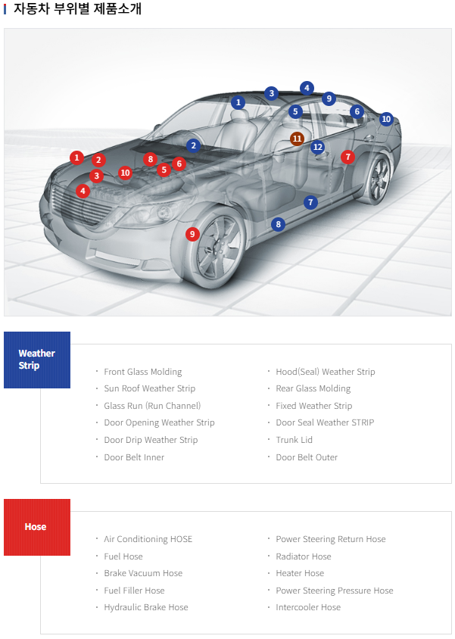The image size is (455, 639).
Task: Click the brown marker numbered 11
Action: pos(297,139)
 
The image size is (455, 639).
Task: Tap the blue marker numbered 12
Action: pos(317,147)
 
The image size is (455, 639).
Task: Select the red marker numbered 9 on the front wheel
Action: pos(192,234)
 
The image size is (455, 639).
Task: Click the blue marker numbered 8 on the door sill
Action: pos(279,224)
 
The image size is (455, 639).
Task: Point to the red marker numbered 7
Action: pos(347,157)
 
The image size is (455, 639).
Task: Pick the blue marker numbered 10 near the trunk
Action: pos(386,119)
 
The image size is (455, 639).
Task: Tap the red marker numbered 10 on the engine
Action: pos(125,173)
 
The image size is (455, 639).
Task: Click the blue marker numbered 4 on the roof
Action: pos(307,88)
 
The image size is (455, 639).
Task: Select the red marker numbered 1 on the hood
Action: pos(76,157)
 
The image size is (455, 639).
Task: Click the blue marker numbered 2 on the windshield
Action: pos(193,145)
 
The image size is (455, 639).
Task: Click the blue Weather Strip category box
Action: pos(37,360)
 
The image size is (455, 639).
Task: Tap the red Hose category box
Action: pos(37,527)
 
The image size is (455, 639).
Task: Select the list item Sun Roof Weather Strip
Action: pos(149,388)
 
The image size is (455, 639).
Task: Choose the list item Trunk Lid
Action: pos(294,440)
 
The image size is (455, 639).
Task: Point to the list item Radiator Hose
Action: pos(303,556)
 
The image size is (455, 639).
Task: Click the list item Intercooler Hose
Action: pos(307,607)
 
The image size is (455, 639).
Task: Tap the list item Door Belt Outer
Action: pos(307,457)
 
